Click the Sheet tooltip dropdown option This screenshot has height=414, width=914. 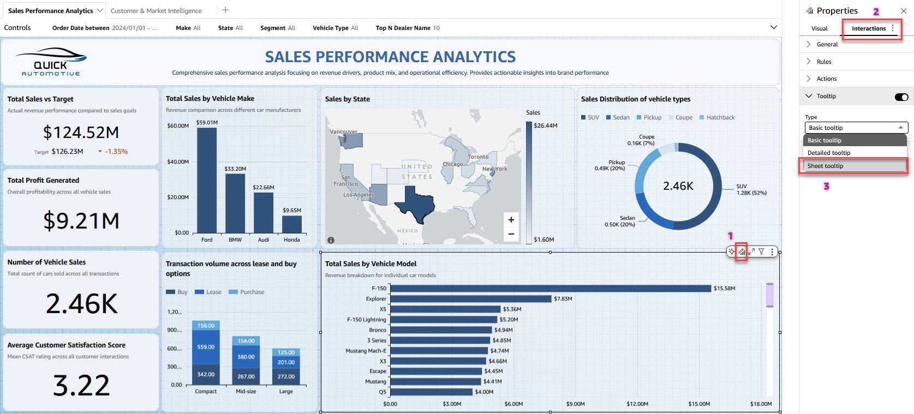(x=825, y=166)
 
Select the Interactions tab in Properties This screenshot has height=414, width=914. (x=869, y=28)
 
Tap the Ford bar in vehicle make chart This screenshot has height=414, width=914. (x=207, y=180)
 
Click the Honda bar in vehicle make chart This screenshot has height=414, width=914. (x=292, y=224)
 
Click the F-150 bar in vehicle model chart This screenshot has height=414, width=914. (x=551, y=288)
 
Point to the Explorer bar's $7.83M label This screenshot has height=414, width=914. (x=563, y=299)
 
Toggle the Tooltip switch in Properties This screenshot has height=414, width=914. (x=901, y=97)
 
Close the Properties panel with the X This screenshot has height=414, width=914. (x=903, y=11)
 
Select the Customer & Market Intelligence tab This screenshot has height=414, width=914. (x=156, y=11)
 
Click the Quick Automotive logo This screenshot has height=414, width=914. (x=51, y=62)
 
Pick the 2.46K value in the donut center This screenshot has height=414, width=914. (x=678, y=186)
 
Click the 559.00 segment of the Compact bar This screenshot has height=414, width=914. (x=206, y=347)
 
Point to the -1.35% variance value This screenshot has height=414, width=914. (x=116, y=152)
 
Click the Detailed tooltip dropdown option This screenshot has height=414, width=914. (x=828, y=153)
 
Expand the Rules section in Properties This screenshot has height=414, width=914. (x=824, y=62)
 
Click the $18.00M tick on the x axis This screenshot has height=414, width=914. (x=761, y=404)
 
